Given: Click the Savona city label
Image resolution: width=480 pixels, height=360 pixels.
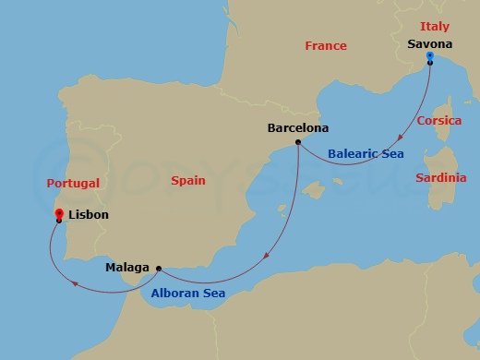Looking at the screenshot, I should point(429,42).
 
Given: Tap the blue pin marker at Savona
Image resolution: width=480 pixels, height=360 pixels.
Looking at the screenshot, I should point(430,57).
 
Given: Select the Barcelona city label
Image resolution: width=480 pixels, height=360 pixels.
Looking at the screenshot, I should point(297,128).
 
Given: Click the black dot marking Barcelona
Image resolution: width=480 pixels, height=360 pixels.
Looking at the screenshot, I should point(297,142).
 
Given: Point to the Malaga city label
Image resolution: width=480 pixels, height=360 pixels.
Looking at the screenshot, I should point(127,269).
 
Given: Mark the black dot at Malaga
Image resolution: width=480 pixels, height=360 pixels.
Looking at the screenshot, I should point(159,269).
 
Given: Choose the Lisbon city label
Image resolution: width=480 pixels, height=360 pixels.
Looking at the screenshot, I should point(90,215).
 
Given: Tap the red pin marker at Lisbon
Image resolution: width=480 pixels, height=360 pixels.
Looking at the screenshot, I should point(59,213).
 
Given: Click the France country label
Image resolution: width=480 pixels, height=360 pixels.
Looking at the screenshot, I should point(325,46).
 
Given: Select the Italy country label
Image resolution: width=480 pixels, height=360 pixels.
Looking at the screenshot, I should point(434,26).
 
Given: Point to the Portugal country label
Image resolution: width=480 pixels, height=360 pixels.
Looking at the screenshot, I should point(73,184).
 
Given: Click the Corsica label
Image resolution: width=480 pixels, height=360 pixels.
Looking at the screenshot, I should point(439,121).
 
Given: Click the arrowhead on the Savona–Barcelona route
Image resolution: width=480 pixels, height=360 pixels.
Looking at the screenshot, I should point(397,138).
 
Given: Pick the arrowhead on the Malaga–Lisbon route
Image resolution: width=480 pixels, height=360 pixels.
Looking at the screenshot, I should point(73,284).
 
